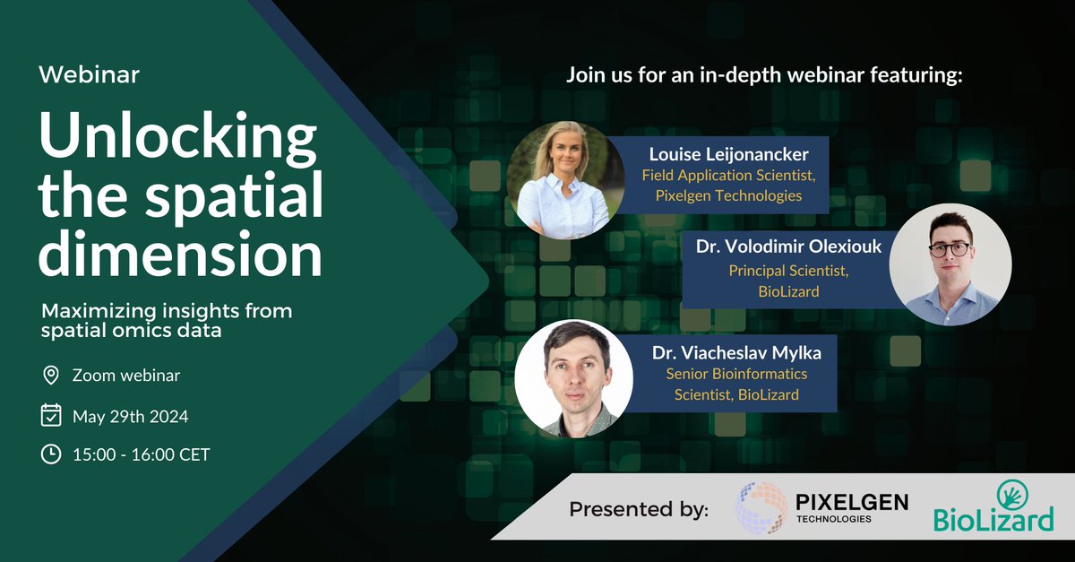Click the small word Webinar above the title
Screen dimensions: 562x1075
coord(89,74)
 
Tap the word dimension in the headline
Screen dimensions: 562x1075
coord(181,256)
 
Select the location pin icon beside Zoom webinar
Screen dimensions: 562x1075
coord(51,375)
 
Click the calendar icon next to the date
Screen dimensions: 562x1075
coord(51,415)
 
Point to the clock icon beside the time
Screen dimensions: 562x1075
coord(51,454)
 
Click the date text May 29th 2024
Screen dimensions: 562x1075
coord(130,416)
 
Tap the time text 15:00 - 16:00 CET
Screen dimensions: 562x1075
coord(141,454)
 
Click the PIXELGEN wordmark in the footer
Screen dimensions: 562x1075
coord(851,502)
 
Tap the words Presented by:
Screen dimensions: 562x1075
coord(638,510)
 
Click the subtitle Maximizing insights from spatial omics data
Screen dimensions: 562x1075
coord(167,320)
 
